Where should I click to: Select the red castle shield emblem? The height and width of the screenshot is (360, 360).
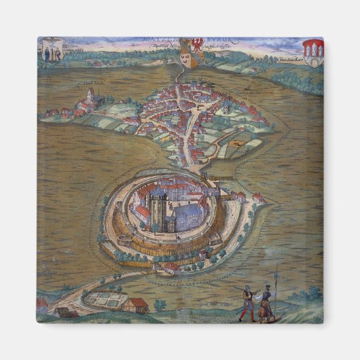coord(312,51)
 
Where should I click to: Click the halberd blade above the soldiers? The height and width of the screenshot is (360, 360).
coord(277,277)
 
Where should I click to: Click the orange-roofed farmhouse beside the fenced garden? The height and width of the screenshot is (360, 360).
coord(138,304)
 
